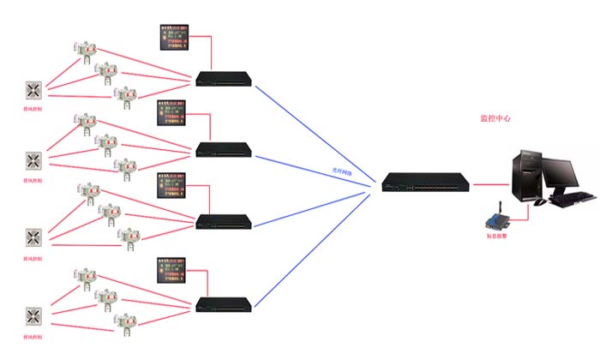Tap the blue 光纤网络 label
pyautogui.click(x=344, y=171)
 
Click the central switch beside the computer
pyautogui.click(x=426, y=183)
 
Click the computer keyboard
pyautogui.click(x=572, y=200)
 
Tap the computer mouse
pyautogui.click(x=539, y=203)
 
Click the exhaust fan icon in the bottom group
pyautogui.click(x=33, y=315)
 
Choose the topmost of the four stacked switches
pyautogui.click(x=225, y=79)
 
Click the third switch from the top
pyautogui.click(x=225, y=221)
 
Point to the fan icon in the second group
pyautogui.click(x=33, y=160)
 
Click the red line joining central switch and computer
pyautogui.click(x=492, y=183)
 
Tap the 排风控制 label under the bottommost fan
pyautogui.click(x=33, y=334)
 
